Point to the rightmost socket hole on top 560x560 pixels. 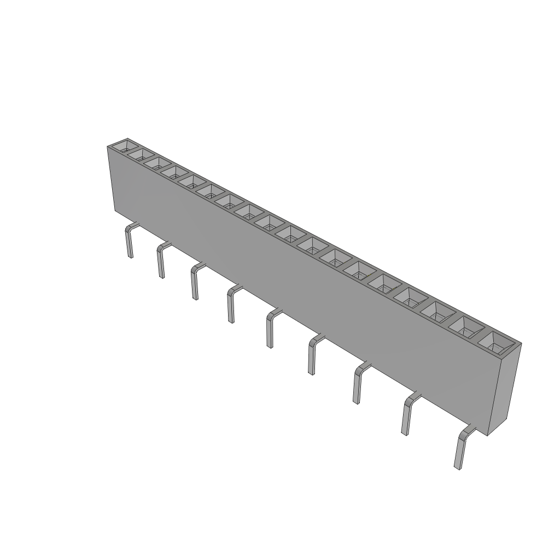(497, 343)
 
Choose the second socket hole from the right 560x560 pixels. (467, 327)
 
